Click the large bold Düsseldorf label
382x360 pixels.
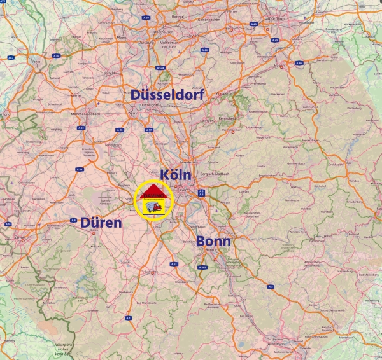pos(167,95)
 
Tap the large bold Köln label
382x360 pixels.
pos(176,174)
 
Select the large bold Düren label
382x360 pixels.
pos(101,223)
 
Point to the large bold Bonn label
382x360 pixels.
pos(213,242)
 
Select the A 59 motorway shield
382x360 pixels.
pos(146,18)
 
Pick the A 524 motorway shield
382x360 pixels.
pos(162,67)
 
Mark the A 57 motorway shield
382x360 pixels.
pos(149,130)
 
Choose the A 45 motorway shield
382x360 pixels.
pos(253,24)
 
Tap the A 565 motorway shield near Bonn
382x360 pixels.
pos(202,267)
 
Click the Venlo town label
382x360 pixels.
pos(36,62)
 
